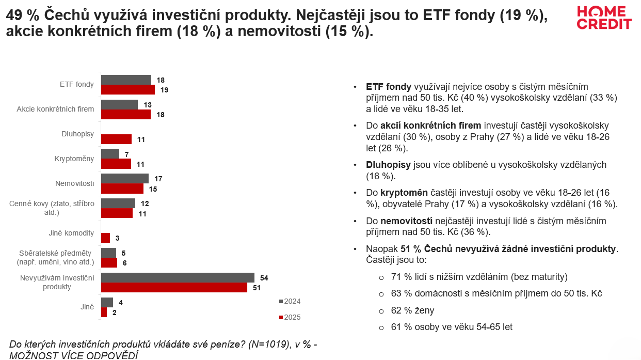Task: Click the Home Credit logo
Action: (x=604, y=18)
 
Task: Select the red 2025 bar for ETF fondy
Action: (x=127, y=89)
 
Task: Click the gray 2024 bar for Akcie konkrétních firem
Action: (x=119, y=105)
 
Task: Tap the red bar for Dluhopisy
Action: (x=116, y=139)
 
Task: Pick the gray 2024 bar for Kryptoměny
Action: (x=110, y=154)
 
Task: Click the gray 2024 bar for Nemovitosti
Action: (x=124, y=178)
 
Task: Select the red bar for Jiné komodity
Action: (x=105, y=238)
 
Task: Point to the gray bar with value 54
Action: (x=178, y=277)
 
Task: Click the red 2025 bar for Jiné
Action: (x=104, y=312)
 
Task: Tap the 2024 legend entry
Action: (x=290, y=301)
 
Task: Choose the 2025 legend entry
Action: (x=290, y=317)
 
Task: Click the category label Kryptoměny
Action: (x=74, y=159)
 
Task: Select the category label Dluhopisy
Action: (x=77, y=134)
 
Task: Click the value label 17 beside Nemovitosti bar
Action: (x=158, y=179)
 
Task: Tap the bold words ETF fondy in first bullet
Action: (x=389, y=87)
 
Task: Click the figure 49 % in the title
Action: (x=22, y=15)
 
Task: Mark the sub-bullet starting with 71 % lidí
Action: (x=479, y=276)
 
